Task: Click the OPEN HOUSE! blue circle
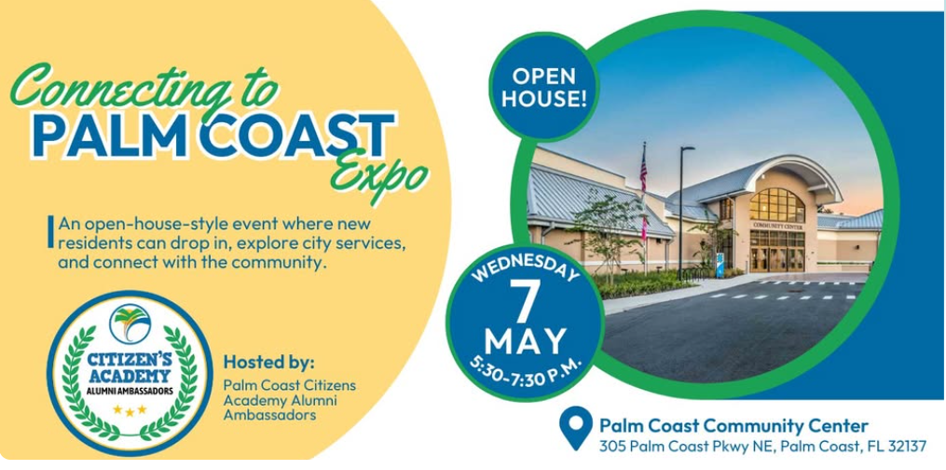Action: pos(544,87)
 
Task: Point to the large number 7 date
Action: pos(525,302)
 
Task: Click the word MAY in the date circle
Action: pos(525,341)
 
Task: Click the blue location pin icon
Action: pos(576,426)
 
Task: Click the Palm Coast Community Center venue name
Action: pos(733,426)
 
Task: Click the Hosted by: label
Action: pos(269,364)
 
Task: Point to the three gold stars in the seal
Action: pos(130,410)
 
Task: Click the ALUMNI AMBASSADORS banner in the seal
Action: pos(130,391)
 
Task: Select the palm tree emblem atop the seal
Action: pos(130,324)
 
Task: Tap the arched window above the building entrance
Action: pos(776,204)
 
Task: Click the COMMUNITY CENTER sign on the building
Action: pos(777,226)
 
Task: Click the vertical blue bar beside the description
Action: pos(50,231)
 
